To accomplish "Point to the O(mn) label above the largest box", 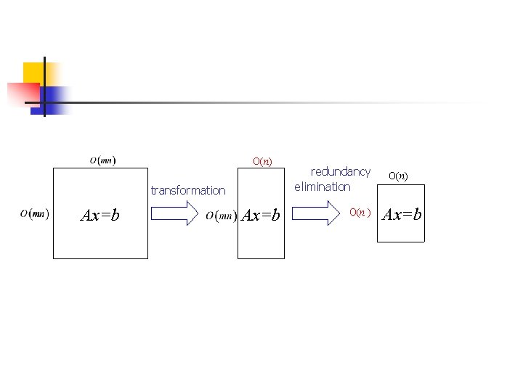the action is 102,160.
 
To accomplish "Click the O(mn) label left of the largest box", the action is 34,213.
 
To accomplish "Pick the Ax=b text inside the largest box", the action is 100,215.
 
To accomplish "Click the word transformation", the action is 188,190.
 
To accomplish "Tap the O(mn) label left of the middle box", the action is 222,215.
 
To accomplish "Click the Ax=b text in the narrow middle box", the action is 260,215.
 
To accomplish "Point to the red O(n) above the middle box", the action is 262,160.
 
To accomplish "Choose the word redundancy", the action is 341,172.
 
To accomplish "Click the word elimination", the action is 323,187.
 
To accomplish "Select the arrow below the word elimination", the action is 317,213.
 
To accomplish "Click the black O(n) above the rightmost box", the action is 398,175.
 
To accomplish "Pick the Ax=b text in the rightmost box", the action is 402,214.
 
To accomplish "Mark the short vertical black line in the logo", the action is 44,86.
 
